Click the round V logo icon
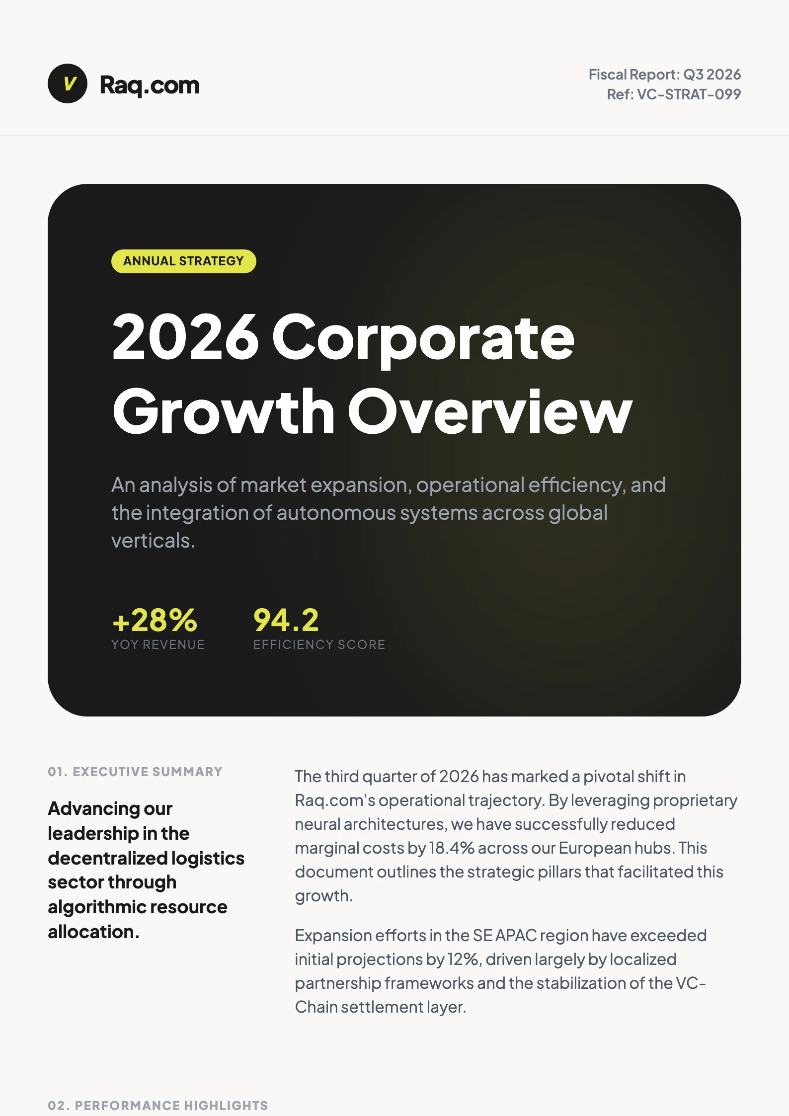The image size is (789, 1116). [x=68, y=83]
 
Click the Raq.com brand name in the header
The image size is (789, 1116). [x=150, y=85]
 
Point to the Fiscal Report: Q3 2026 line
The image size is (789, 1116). [x=664, y=75]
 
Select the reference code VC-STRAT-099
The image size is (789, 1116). [x=688, y=94]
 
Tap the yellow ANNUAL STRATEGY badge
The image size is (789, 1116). [x=183, y=261]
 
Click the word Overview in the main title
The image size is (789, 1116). [x=489, y=412]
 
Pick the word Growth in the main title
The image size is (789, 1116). [x=224, y=412]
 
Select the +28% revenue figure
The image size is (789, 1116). [x=155, y=620]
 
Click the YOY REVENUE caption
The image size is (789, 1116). [x=158, y=644]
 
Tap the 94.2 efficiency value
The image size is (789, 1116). [x=286, y=620]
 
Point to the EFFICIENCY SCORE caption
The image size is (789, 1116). [x=319, y=644]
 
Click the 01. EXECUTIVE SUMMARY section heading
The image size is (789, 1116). [x=135, y=772]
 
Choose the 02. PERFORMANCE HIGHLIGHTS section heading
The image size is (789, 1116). [x=158, y=1106]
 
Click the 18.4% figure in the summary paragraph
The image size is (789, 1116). [x=451, y=848]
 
